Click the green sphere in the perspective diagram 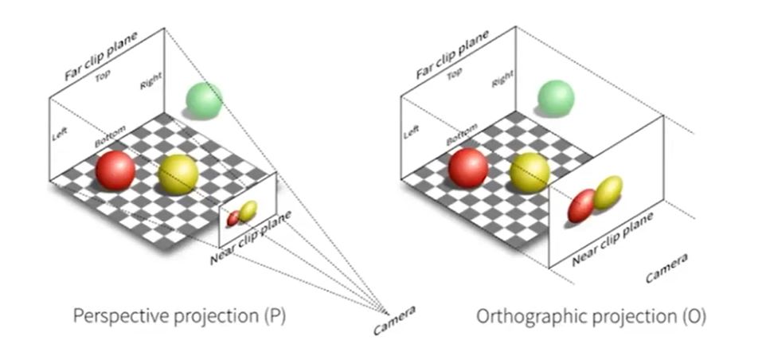click(204, 100)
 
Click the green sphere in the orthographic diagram click(556, 98)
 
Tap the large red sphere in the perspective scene click(115, 170)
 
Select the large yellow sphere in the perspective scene click(178, 174)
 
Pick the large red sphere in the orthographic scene click(468, 167)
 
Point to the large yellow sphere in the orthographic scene click(529, 173)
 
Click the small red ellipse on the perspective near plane click(233, 218)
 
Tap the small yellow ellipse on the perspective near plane click(248, 211)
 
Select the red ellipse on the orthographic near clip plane click(581, 205)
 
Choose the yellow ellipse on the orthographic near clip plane click(608, 193)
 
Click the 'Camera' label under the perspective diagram click(395, 320)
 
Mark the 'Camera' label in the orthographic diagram click(666, 268)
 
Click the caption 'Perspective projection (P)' click(179, 316)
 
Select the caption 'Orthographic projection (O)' click(591, 317)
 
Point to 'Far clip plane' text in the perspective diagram click(101, 56)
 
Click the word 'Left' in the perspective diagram click(59, 134)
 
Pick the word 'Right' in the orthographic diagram click(502, 78)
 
